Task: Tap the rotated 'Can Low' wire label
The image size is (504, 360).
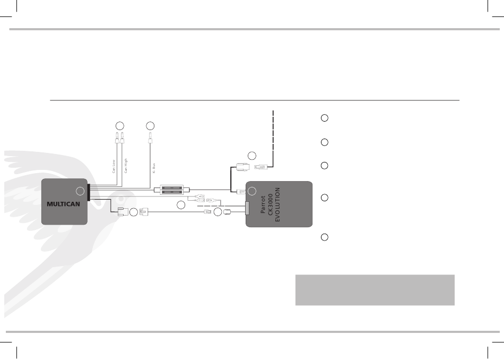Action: pos(113,167)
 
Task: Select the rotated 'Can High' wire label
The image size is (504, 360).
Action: pos(126,165)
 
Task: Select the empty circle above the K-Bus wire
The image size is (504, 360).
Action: pos(150,126)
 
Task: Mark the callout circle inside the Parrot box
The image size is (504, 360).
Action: pos(253,191)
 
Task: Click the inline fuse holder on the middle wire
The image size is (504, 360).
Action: pos(171,189)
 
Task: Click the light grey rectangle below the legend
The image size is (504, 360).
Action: pos(375,290)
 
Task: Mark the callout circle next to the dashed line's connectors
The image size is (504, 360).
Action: pos(252,155)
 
